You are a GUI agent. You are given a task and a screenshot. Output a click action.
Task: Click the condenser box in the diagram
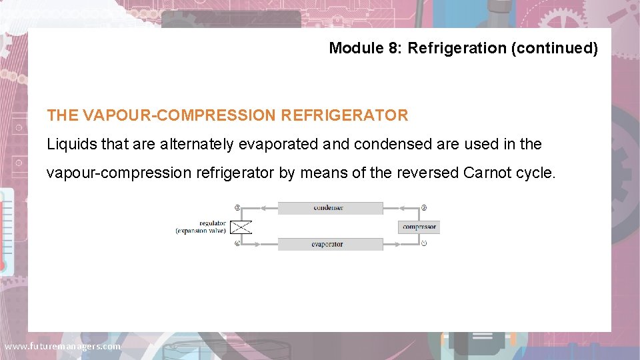click(x=330, y=208)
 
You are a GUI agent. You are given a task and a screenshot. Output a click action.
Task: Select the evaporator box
click(x=330, y=244)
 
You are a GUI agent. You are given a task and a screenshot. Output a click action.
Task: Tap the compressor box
click(x=419, y=227)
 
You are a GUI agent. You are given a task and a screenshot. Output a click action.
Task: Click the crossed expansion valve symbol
click(x=241, y=227)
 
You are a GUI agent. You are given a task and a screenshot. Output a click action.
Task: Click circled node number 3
click(x=237, y=208)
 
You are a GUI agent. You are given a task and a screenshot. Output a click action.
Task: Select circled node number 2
click(x=424, y=208)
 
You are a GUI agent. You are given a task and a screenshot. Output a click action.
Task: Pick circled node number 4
click(x=237, y=244)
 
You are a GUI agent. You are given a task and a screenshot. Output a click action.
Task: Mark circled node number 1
click(x=424, y=244)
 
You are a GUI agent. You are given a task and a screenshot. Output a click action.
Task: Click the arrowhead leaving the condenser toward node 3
click(x=262, y=208)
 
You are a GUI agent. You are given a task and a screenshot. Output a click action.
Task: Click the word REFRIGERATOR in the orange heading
click(x=344, y=115)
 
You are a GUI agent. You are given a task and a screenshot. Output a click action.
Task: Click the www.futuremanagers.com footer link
click(x=62, y=347)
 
